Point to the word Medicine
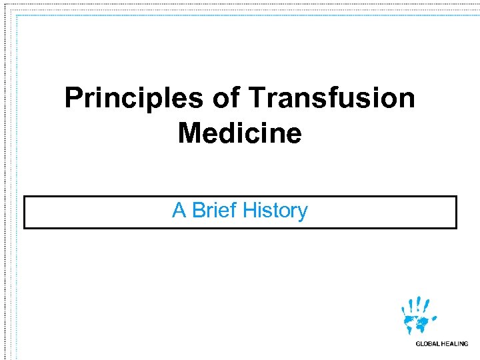(239, 133)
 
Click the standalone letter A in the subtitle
(179, 211)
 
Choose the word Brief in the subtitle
(213, 211)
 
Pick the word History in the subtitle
(275, 211)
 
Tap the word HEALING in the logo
(455, 344)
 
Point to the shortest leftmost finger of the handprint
(403, 309)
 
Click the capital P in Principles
(73, 99)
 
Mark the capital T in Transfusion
(257, 99)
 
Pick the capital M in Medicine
(189, 133)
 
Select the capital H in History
(249, 211)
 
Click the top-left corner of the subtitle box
(25, 197)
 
